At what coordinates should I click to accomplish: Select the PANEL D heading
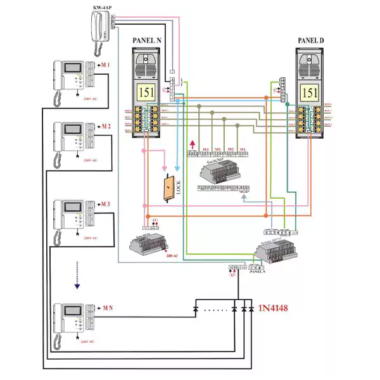click(311, 41)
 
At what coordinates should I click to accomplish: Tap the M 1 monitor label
click(105, 66)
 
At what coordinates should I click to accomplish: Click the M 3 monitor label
click(105, 204)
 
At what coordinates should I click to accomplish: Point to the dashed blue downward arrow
click(77, 274)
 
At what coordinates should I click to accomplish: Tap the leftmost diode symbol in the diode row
click(195, 310)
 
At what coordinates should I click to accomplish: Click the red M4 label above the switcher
click(205, 149)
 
